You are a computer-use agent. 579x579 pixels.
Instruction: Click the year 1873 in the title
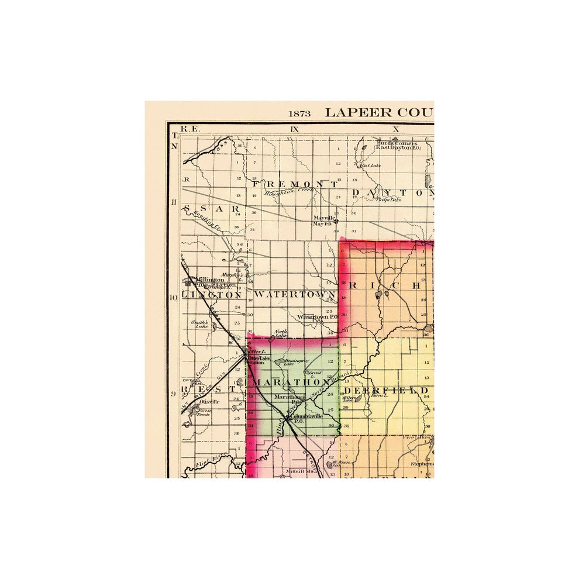(299, 113)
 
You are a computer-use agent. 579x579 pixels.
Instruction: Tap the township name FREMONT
(295, 184)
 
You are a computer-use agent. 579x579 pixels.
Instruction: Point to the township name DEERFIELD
(386, 390)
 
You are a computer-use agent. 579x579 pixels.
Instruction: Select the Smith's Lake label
(201, 324)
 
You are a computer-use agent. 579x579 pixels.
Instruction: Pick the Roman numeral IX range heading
(294, 129)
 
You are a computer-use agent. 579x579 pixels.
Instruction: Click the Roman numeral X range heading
(395, 129)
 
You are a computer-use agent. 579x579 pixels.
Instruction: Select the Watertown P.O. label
(318, 317)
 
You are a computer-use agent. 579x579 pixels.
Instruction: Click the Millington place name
(211, 280)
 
